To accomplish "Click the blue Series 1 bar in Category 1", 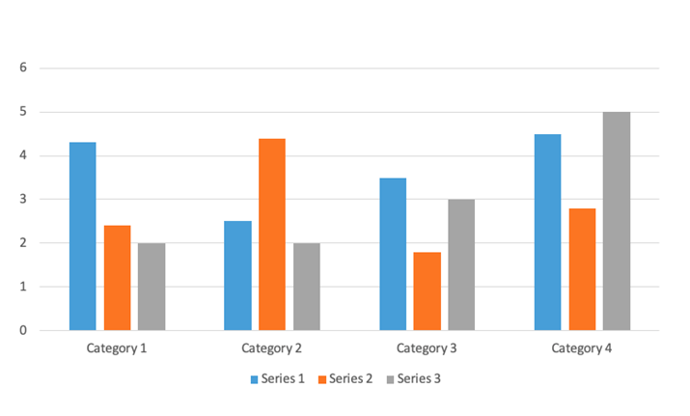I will click(x=82, y=236).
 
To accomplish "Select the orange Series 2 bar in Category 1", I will click(x=117, y=278).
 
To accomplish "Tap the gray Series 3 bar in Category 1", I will click(x=152, y=287).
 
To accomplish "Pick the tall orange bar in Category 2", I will click(x=271, y=235).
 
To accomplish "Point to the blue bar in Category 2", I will click(x=237, y=276).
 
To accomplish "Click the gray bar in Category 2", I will click(x=306, y=287).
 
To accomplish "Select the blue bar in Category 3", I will click(x=393, y=254).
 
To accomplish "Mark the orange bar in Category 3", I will click(x=427, y=291).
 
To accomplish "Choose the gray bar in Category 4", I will click(x=616, y=221).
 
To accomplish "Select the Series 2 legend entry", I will click(x=345, y=378).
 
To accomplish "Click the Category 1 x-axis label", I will click(x=117, y=347).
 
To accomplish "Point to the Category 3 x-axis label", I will click(x=427, y=347).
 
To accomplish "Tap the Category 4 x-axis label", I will click(x=581, y=347).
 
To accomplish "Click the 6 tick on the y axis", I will click(x=22, y=69).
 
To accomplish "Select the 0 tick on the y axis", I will click(x=22, y=331).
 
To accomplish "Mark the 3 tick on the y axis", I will click(x=22, y=200).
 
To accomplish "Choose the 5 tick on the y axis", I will click(x=22, y=112).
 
